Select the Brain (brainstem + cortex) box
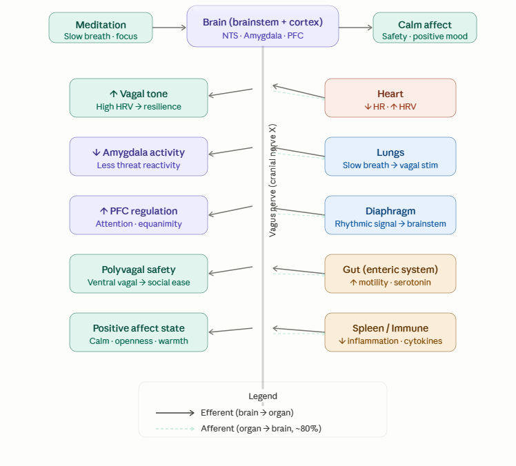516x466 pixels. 262,27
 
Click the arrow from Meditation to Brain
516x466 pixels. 170,28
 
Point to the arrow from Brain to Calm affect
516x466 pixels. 355,28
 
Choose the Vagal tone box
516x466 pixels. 138,98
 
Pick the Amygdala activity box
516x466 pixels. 138,156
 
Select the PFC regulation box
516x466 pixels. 138,215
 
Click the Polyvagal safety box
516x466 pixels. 138,274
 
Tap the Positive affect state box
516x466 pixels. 138,332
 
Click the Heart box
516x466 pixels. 390,98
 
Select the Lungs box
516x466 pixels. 390,156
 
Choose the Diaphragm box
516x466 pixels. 390,215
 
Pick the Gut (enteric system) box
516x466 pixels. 390,274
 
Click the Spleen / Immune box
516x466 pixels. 390,332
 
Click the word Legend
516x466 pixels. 263,396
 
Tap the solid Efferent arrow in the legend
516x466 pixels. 175,413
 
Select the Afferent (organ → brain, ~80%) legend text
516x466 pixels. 261,429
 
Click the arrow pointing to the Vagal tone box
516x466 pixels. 230,92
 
